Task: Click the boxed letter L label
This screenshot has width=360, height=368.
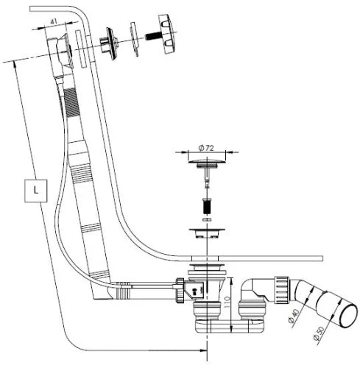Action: [x=36, y=191]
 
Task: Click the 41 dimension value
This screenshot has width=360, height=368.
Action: [x=54, y=21]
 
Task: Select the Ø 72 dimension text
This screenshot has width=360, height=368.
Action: [x=206, y=148]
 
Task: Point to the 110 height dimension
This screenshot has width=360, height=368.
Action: [x=227, y=302]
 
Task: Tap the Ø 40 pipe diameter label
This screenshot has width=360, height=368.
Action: [x=293, y=316]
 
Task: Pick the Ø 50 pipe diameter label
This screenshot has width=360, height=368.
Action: [x=319, y=333]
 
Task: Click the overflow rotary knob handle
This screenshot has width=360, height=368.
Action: [x=167, y=34]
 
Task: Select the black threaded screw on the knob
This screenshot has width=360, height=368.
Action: [x=152, y=37]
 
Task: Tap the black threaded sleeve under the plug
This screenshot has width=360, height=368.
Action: [x=207, y=207]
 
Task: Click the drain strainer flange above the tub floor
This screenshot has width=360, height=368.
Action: [x=207, y=233]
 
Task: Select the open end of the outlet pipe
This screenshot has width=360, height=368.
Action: [x=348, y=316]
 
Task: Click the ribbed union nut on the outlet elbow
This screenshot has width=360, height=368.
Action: [x=282, y=291]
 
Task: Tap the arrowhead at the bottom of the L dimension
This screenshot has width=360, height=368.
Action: [x=204, y=350]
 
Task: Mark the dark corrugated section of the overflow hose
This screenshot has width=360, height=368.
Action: [x=71, y=102]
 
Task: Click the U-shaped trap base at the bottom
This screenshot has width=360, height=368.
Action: [x=230, y=326]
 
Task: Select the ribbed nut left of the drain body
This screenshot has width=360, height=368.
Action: [x=180, y=290]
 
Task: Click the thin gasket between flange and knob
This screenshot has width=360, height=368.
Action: [x=134, y=39]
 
